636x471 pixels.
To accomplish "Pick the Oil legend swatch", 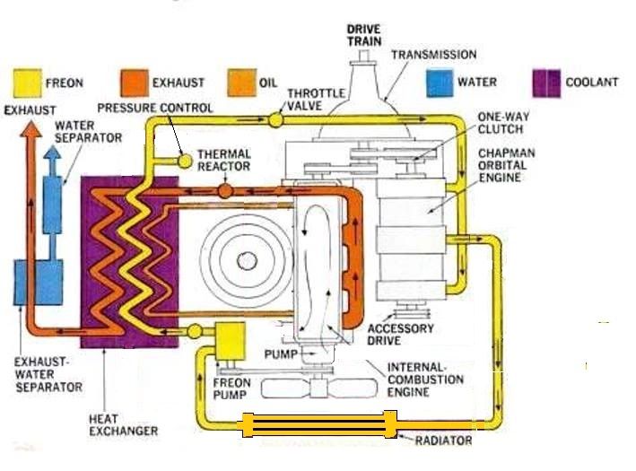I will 240,83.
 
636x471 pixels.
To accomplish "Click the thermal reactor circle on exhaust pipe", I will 223,191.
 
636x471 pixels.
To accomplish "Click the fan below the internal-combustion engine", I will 315,388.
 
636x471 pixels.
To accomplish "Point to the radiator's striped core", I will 318,423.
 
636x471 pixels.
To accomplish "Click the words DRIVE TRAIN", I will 364,35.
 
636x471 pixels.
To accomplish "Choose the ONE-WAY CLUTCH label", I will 501,123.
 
